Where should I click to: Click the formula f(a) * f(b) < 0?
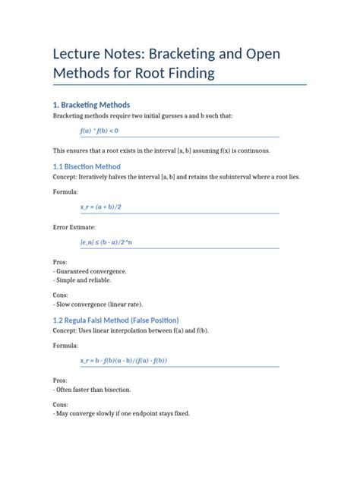(99, 131)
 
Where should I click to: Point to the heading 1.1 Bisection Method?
(87, 166)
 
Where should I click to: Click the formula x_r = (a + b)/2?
(101, 207)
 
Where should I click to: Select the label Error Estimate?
(74, 226)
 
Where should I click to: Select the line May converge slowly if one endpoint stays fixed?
(122, 413)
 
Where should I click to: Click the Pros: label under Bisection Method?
(61, 261)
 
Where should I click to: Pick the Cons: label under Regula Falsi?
(62, 404)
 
